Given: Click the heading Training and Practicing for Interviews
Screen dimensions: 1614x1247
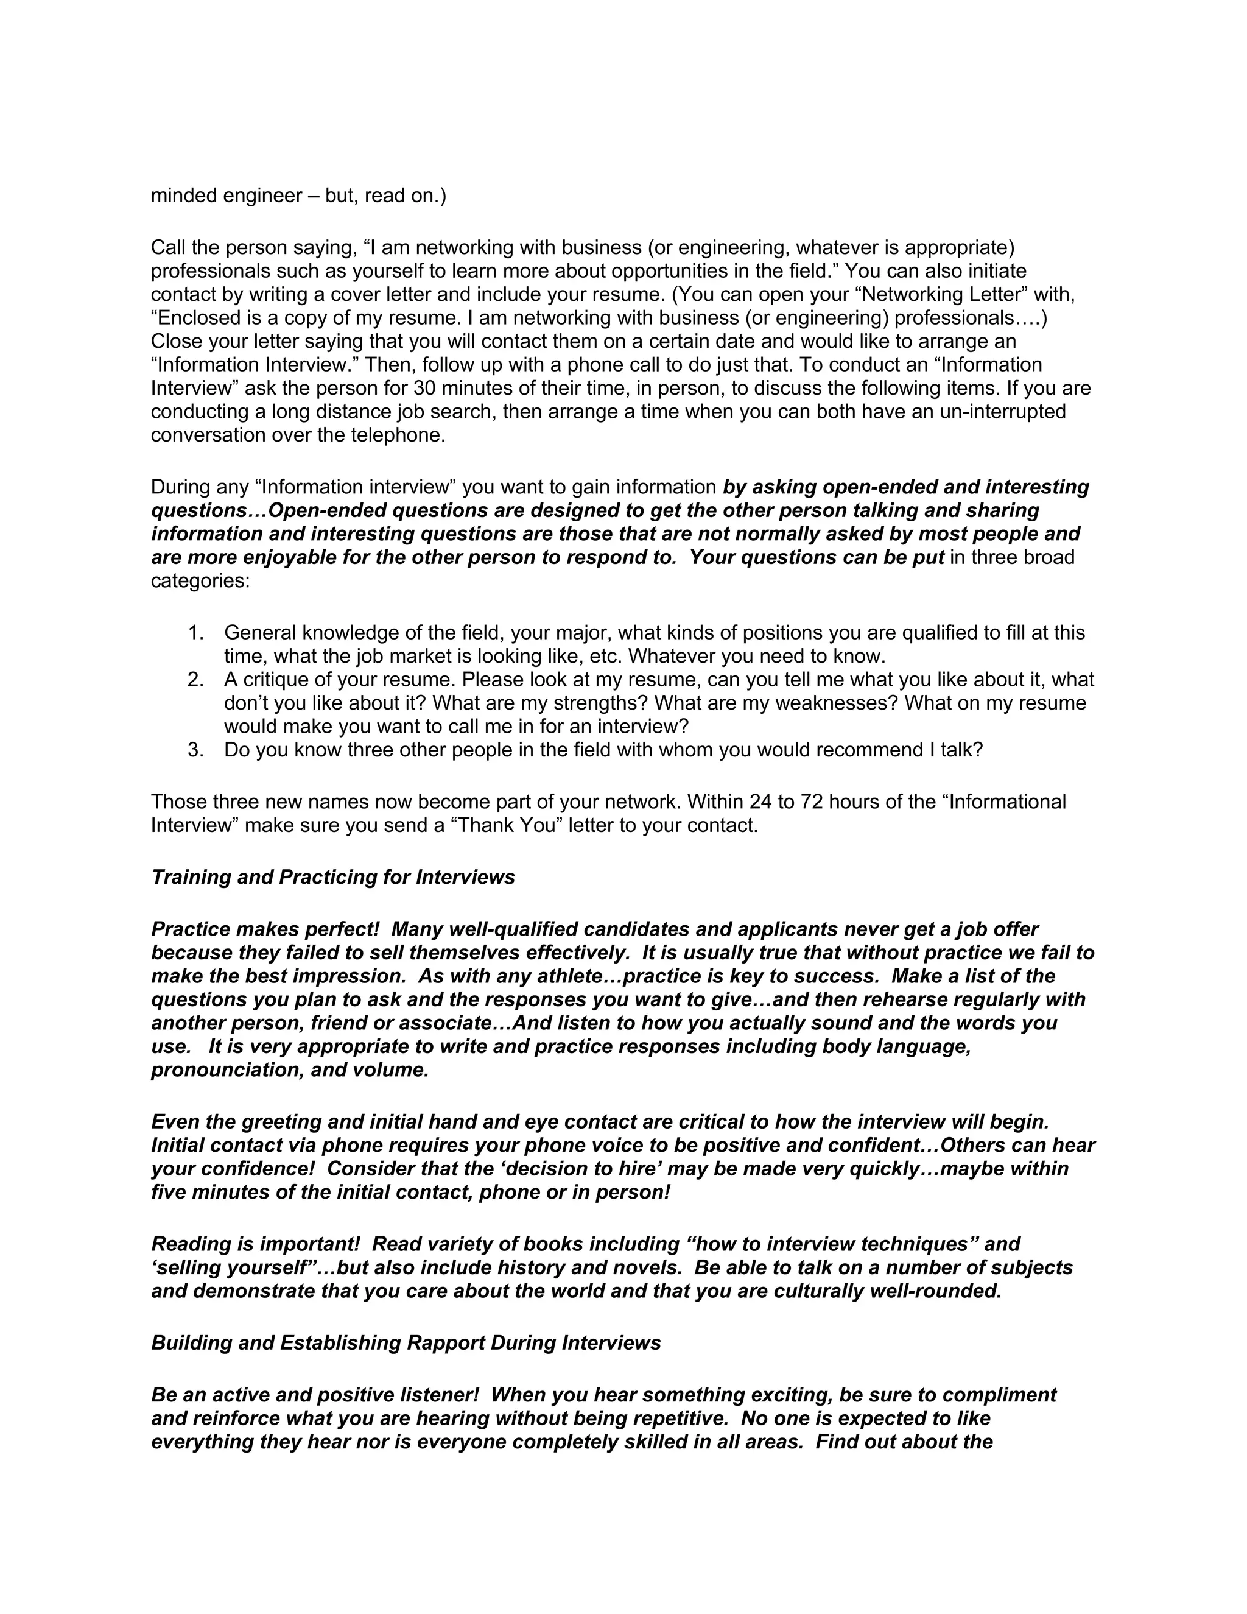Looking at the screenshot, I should click(332, 877).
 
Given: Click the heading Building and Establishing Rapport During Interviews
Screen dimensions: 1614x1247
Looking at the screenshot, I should click(406, 1343).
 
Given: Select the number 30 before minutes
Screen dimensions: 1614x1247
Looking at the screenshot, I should click(425, 388).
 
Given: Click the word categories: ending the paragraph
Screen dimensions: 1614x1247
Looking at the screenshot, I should click(200, 581).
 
